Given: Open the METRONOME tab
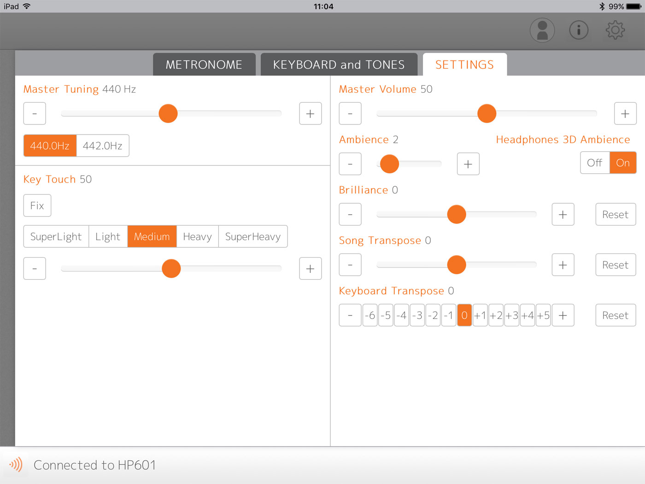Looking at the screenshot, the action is pos(204,65).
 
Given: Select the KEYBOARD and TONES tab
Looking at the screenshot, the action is pos(339,65).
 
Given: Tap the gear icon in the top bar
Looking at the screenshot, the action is pos(615,30).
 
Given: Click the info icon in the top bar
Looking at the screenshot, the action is pos(579,30).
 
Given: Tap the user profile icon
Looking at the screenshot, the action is pos(542,30).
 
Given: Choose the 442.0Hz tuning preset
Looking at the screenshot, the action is pos(103,146).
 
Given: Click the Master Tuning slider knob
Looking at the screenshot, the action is pos(168,113).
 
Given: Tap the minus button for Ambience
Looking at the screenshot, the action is pos(350,164).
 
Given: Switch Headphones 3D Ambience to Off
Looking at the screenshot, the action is pos(595,163).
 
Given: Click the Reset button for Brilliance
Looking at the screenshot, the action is pos(616,214).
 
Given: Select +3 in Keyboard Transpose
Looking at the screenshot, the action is pos(512,315).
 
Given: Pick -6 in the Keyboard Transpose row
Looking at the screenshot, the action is pos(370,315).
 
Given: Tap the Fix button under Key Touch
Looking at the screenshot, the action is pos(37,206).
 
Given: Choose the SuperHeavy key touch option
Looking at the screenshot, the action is pos(253,236).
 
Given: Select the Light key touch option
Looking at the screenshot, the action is pos(108,236).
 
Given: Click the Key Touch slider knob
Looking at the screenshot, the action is pos(171,268).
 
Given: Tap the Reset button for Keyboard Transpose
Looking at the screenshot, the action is pos(616,315).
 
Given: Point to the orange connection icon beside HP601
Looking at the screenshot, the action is pos(16,465).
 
